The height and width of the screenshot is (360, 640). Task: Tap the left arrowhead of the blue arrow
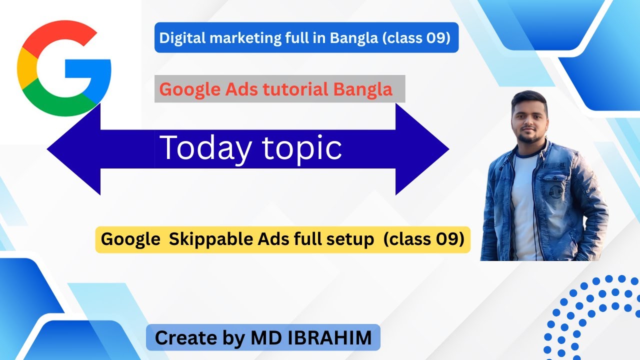[x=75, y=148]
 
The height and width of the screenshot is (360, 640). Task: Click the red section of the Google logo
[x=55, y=37]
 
